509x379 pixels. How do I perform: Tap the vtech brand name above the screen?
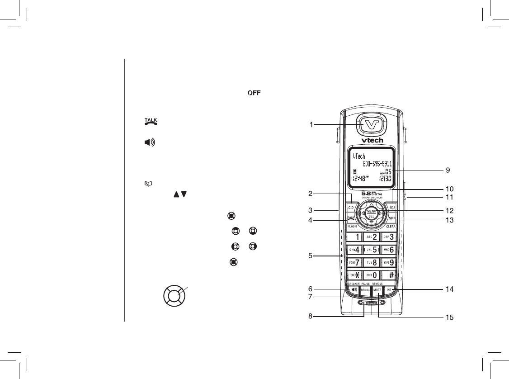371,140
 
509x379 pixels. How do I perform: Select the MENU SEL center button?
371,213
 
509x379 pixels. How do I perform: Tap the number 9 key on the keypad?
389,262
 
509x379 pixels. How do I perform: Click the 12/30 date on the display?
385,179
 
